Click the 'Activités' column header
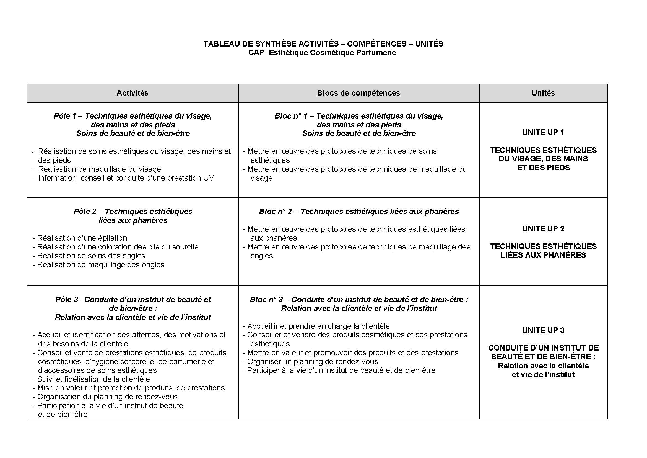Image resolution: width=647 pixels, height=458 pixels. tap(132, 93)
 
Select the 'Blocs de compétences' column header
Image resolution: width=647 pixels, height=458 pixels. tap(358, 93)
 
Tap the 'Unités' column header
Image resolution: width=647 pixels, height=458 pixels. tap(543, 93)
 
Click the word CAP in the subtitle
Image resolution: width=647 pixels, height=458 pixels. tap(256, 53)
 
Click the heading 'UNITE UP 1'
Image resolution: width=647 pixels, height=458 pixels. tap(543, 132)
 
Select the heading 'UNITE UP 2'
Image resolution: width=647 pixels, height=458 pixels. tap(543, 228)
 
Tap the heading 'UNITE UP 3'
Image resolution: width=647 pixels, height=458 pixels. tap(543, 330)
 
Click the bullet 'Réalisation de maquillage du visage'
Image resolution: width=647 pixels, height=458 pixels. tap(99, 169)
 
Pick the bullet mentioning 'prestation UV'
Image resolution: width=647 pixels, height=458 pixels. tap(126, 178)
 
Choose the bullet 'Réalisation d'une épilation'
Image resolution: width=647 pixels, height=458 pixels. tap(82, 238)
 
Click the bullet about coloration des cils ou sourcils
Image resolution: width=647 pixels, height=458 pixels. tap(118, 247)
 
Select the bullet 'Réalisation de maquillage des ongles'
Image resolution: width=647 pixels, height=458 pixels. tap(101, 265)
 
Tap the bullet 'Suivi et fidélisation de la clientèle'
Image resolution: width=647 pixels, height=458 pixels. tap(93, 379)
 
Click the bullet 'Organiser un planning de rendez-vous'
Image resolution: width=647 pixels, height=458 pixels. tap(312, 362)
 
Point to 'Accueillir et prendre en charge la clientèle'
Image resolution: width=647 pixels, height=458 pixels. tap(318, 326)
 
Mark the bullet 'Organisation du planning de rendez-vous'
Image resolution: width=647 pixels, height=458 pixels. tap(107, 397)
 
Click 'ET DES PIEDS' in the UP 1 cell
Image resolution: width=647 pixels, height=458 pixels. tap(543, 168)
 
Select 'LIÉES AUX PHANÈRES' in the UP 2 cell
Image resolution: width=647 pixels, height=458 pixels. tap(543, 255)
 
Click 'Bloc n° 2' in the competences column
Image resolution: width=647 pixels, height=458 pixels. tap(275, 212)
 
